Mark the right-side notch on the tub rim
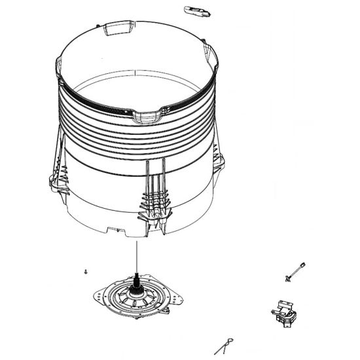213,62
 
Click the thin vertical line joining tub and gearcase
137,255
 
